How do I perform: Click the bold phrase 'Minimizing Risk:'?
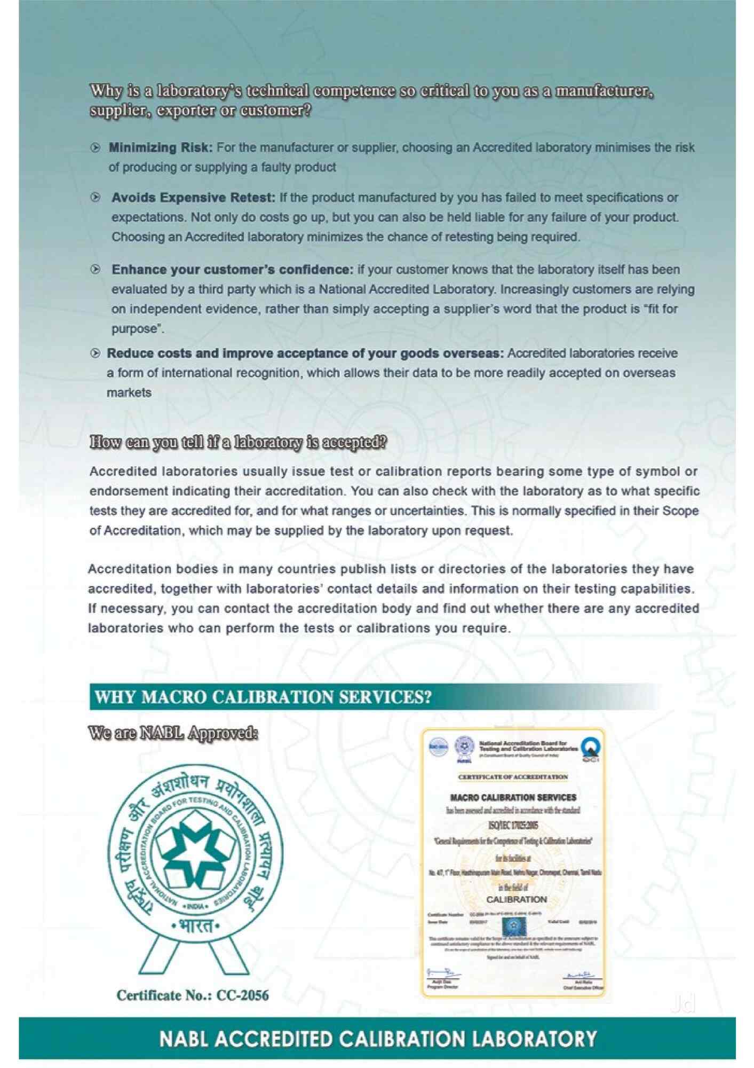(161, 147)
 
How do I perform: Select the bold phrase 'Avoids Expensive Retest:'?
(193, 198)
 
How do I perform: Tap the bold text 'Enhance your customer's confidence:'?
(232, 270)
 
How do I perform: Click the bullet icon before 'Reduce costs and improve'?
(96, 353)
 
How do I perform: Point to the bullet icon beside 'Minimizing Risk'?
(96, 147)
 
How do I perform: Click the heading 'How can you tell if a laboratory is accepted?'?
(238, 443)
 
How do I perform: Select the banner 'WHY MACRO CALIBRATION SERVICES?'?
(263, 697)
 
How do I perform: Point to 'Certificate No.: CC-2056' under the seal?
(193, 995)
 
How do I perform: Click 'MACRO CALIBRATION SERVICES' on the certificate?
(513, 797)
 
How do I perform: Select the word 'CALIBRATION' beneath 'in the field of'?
(517, 899)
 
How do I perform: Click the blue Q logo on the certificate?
(591, 747)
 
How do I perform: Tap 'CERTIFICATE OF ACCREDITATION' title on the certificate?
(513, 777)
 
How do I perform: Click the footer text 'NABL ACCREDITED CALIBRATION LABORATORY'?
(378, 1039)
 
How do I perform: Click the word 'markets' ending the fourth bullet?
(129, 393)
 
